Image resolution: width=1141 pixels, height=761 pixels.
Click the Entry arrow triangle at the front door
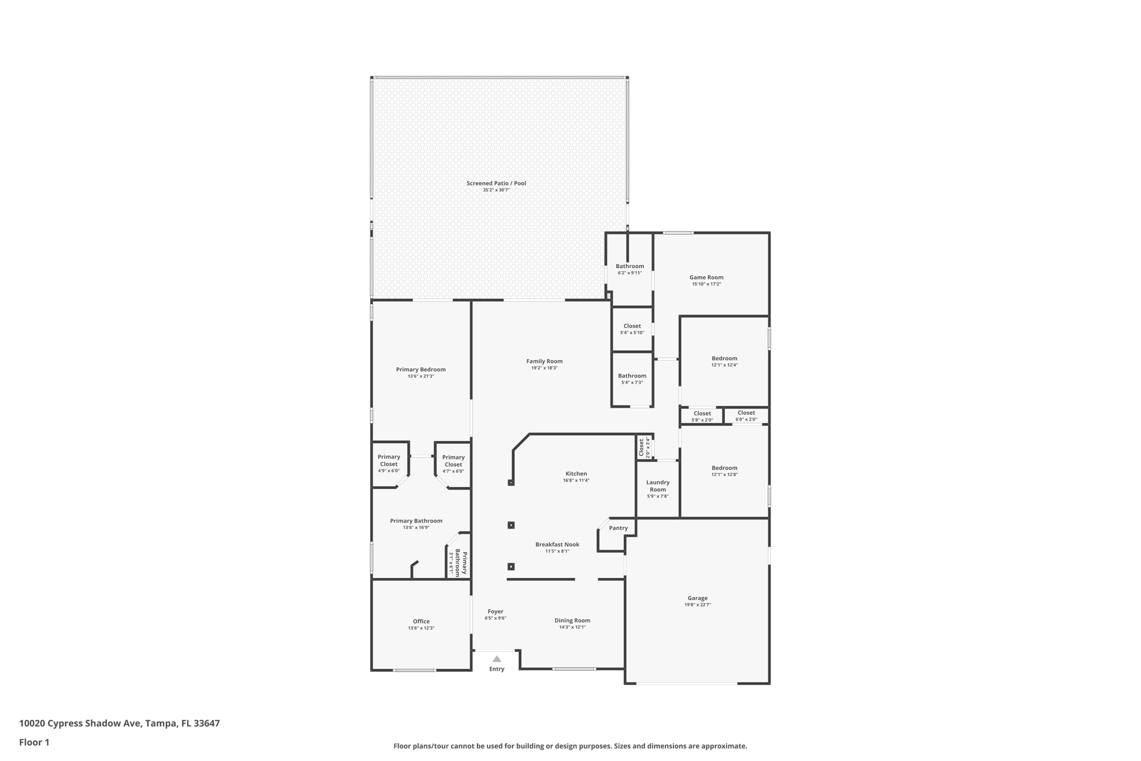pyautogui.click(x=496, y=659)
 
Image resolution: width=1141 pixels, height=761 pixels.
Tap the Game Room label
pyautogui.click(x=706, y=277)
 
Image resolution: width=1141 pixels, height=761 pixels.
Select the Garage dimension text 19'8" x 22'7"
pyautogui.click(x=698, y=605)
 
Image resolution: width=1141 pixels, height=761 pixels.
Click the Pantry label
pyautogui.click(x=618, y=528)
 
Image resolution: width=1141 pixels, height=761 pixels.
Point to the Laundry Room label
pyautogui.click(x=657, y=486)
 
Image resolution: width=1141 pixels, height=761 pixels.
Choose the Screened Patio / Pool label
pyautogui.click(x=496, y=183)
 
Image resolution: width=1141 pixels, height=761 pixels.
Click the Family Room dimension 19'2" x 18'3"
pyautogui.click(x=544, y=368)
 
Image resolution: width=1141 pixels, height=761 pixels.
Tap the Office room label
pyautogui.click(x=421, y=621)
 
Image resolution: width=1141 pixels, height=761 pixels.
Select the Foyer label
pyautogui.click(x=495, y=612)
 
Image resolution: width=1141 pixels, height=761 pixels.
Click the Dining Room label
pyautogui.click(x=572, y=621)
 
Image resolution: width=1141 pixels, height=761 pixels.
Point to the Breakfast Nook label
pyautogui.click(x=557, y=544)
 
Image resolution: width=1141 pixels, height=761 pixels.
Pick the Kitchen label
pyautogui.click(x=576, y=473)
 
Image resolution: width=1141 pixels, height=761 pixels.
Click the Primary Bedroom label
pyautogui.click(x=421, y=369)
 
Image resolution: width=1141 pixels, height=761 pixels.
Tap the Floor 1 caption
pyautogui.click(x=34, y=742)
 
